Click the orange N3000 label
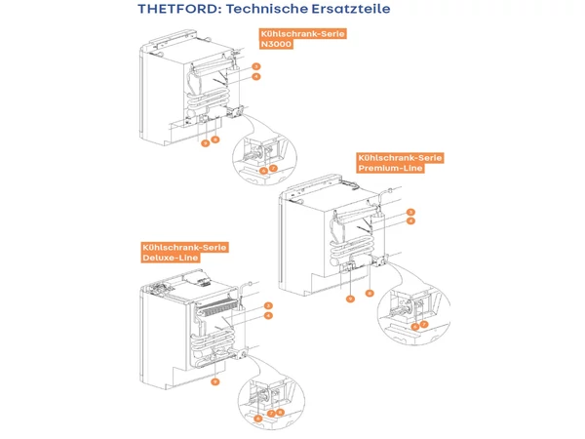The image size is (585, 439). [274, 44]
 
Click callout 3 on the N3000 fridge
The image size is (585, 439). [256, 66]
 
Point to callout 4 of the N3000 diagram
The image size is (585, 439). [256, 76]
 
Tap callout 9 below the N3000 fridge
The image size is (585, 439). [205, 142]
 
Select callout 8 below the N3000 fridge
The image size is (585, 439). [214, 140]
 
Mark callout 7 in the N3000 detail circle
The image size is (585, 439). [274, 169]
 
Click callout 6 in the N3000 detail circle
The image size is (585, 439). [263, 170]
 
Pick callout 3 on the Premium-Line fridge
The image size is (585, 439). [412, 212]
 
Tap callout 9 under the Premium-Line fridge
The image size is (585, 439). [350, 299]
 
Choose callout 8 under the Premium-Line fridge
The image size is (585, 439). [370, 293]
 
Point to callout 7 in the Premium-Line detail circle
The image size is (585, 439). [425, 325]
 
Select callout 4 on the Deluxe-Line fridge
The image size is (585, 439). [267, 316]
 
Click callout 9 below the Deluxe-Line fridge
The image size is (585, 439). [214, 381]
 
